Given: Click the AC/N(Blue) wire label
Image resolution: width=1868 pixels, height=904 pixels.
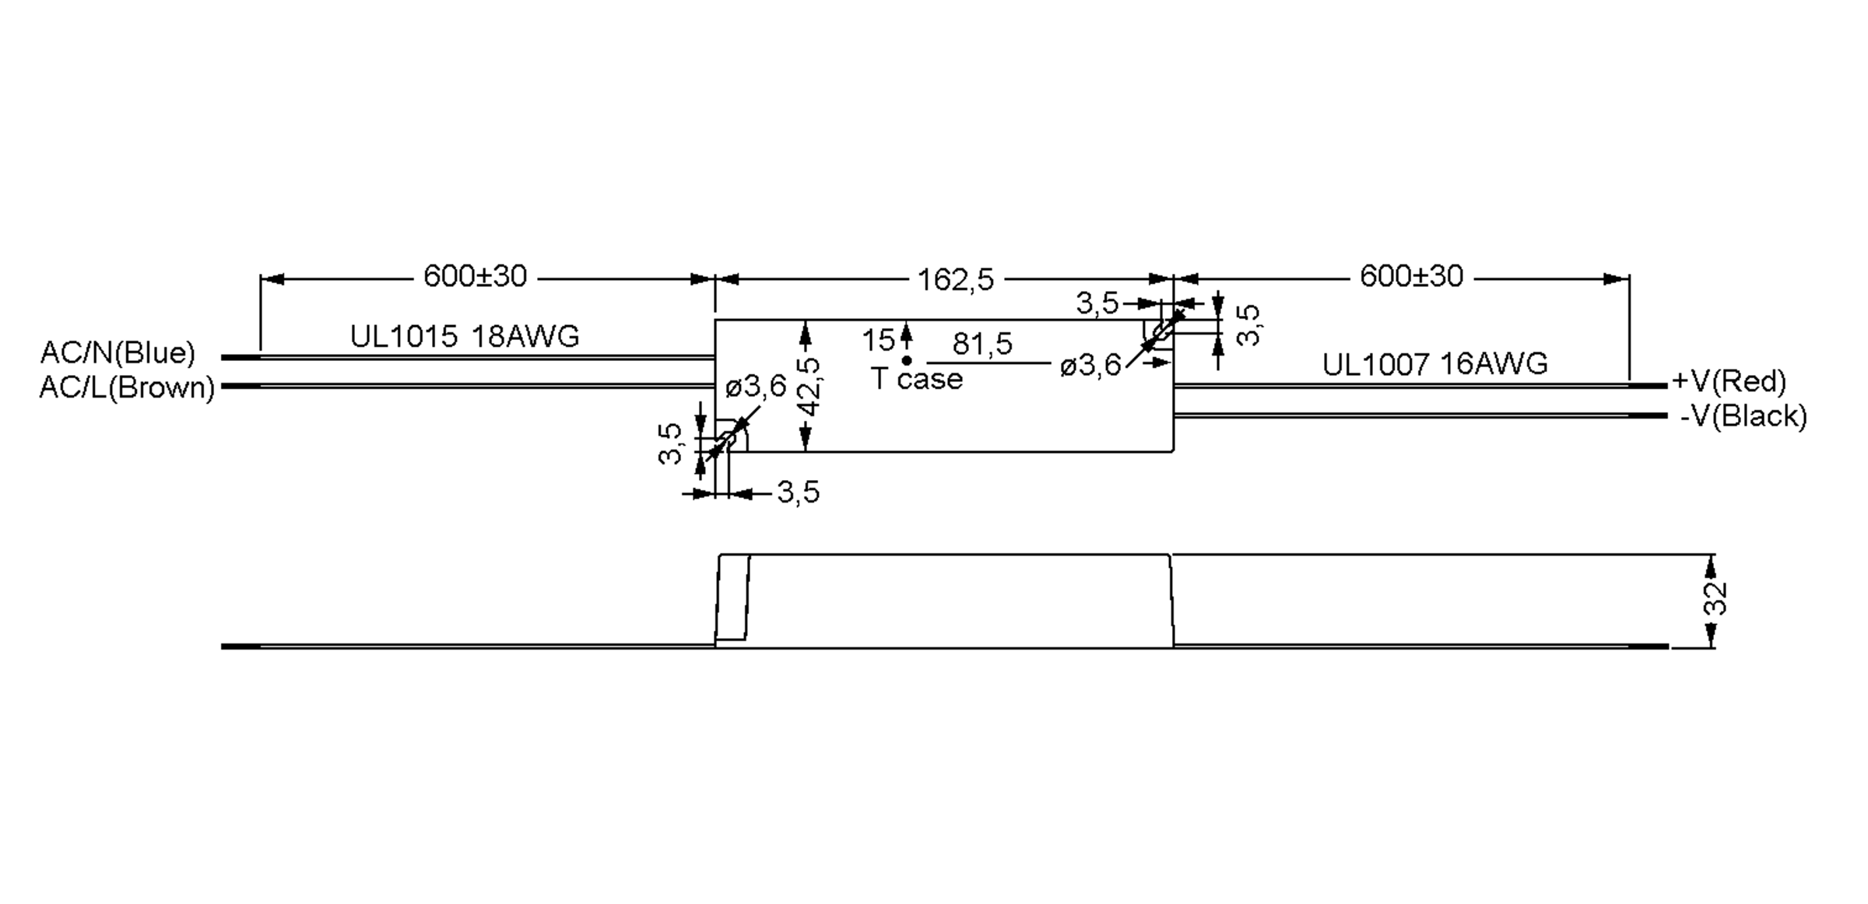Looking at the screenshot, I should click(x=118, y=353).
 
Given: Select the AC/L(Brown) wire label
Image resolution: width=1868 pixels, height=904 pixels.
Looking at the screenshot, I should click(x=127, y=387).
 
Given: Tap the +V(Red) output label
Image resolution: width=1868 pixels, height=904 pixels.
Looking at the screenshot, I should click(x=1729, y=381).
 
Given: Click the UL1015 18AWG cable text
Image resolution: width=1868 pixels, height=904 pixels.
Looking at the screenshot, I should click(x=465, y=336).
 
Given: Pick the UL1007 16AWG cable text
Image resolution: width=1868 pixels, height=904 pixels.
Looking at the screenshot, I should click(x=1434, y=364).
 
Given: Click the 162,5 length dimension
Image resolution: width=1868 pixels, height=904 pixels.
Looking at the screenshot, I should click(x=955, y=279).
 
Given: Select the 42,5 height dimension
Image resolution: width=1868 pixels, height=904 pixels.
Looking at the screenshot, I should click(x=811, y=387).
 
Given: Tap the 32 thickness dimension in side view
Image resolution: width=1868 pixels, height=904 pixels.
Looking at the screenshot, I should click(x=1715, y=599).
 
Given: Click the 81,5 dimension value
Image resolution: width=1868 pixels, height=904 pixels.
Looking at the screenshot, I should click(x=982, y=343).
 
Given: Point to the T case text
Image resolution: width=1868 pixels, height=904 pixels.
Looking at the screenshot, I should click(x=917, y=379).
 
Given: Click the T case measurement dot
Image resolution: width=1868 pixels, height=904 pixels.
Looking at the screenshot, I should click(x=907, y=361).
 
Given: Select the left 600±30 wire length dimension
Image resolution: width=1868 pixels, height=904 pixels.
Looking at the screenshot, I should click(x=475, y=276).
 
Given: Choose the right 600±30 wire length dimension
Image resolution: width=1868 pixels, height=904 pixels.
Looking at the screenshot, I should click(x=1411, y=276).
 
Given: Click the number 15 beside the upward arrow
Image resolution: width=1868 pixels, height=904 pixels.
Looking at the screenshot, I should click(x=878, y=341).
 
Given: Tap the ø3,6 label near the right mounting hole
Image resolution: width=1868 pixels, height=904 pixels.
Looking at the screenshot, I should click(x=1090, y=366).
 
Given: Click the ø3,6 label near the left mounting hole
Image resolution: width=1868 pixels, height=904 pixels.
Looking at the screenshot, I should click(x=756, y=386).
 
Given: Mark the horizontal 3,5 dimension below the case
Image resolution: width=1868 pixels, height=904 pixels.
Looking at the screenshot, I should click(x=799, y=492).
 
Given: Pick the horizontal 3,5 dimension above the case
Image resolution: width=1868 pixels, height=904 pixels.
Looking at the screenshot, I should click(x=1097, y=303).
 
